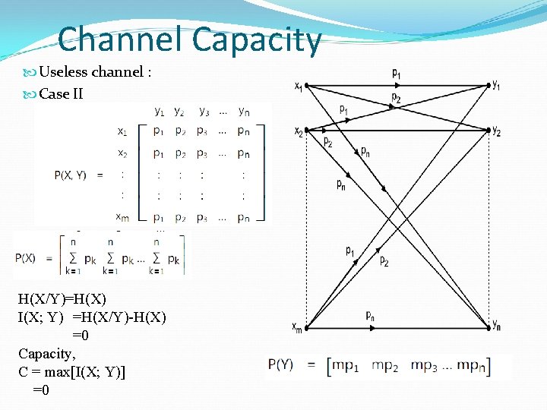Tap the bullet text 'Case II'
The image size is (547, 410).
pos(61,94)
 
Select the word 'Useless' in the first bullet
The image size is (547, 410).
pos(63,72)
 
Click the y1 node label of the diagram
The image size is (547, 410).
pos(496,85)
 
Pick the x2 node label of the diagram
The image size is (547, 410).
pos(299,131)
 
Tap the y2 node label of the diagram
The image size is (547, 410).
pos(496,131)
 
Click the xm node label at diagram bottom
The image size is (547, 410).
pos(297,327)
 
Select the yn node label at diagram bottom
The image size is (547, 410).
pos(496,326)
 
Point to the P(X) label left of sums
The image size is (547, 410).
pos(25,257)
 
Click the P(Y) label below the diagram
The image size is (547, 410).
pos(282,365)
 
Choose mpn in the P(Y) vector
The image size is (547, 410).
pos(470,366)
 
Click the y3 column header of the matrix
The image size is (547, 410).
pos(204,112)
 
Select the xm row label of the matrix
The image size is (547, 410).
pos(122,218)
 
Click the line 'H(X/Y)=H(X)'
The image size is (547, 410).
pos(62,297)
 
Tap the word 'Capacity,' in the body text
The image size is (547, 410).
pos(45,353)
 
